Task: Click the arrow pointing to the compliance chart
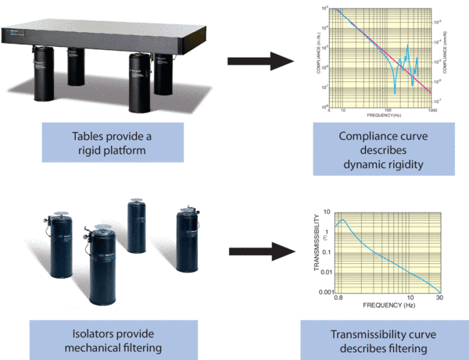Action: (253, 59)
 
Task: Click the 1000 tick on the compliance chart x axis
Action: (431, 112)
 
